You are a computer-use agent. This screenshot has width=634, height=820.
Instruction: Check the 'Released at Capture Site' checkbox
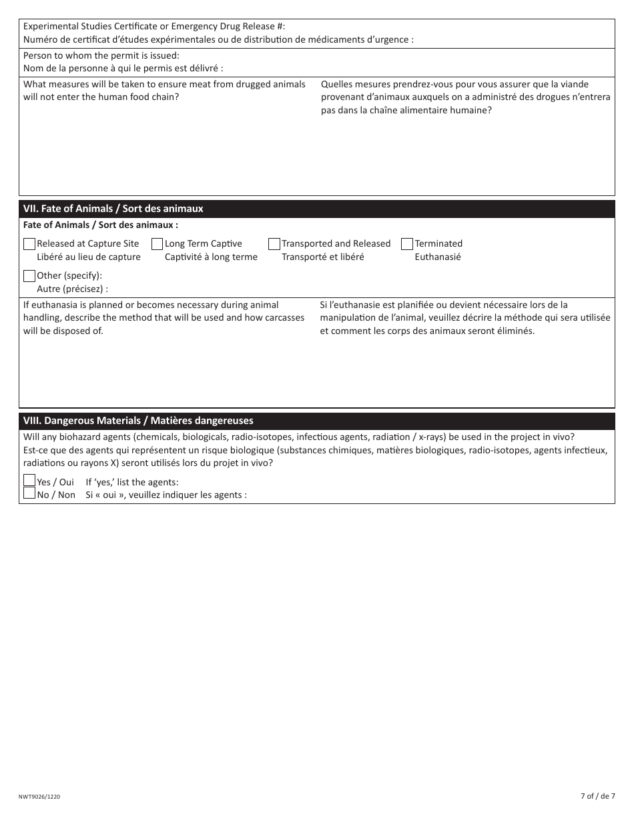29,244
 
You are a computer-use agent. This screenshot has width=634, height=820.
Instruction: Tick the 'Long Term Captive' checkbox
157,244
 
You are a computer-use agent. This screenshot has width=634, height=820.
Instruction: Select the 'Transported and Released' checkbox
274,244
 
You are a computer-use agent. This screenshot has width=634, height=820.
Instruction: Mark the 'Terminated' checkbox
407,244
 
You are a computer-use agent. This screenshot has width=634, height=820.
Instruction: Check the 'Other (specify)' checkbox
29,276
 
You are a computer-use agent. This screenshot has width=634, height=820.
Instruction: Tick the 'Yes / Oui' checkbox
29,481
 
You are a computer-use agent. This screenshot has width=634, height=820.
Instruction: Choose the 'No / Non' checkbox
29,493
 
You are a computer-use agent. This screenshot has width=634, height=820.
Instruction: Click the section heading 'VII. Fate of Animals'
113,209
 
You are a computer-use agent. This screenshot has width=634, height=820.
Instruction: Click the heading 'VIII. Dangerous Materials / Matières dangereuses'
138,421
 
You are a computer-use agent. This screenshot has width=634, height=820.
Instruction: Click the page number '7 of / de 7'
597,796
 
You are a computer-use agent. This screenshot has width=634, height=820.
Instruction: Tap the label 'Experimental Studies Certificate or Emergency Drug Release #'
154,26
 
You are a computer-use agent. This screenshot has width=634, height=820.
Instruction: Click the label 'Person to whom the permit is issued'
101,55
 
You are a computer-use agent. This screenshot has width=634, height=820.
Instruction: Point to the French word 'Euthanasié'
438,257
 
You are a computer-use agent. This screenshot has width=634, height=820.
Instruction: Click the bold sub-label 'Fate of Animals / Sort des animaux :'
101,225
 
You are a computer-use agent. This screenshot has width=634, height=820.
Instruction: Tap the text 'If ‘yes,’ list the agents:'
132,482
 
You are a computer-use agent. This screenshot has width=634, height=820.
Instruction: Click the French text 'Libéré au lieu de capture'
89,257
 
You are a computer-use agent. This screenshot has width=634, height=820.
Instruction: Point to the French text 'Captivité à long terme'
211,257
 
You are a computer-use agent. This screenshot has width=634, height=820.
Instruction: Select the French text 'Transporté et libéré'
323,257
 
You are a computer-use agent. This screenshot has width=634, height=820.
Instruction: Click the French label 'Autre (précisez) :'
72,289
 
